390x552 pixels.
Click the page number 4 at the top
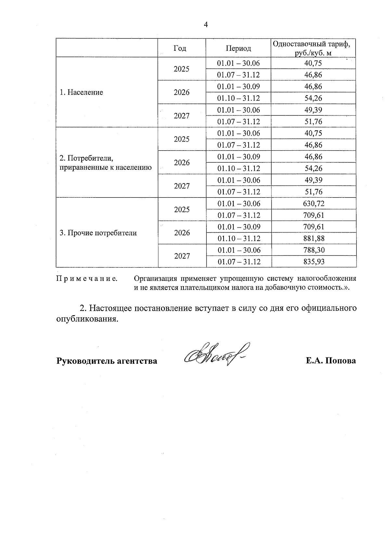[x=205, y=25]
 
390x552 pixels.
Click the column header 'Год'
[x=180, y=48]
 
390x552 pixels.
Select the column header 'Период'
[x=239, y=48]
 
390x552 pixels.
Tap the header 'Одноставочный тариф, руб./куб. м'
[x=313, y=48]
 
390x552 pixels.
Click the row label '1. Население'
[x=81, y=92]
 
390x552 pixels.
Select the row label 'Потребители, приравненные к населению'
[x=106, y=163]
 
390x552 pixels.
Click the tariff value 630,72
[x=314, y=204]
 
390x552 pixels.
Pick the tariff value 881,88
[x=314, y=238]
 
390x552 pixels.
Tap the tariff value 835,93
[x=314, y=262]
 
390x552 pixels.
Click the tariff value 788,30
[x=314, y=250]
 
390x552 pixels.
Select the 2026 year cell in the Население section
[x=182, y=92]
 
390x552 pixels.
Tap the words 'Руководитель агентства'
[x=107, y=361]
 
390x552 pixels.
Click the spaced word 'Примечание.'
[x=87, y=279]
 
